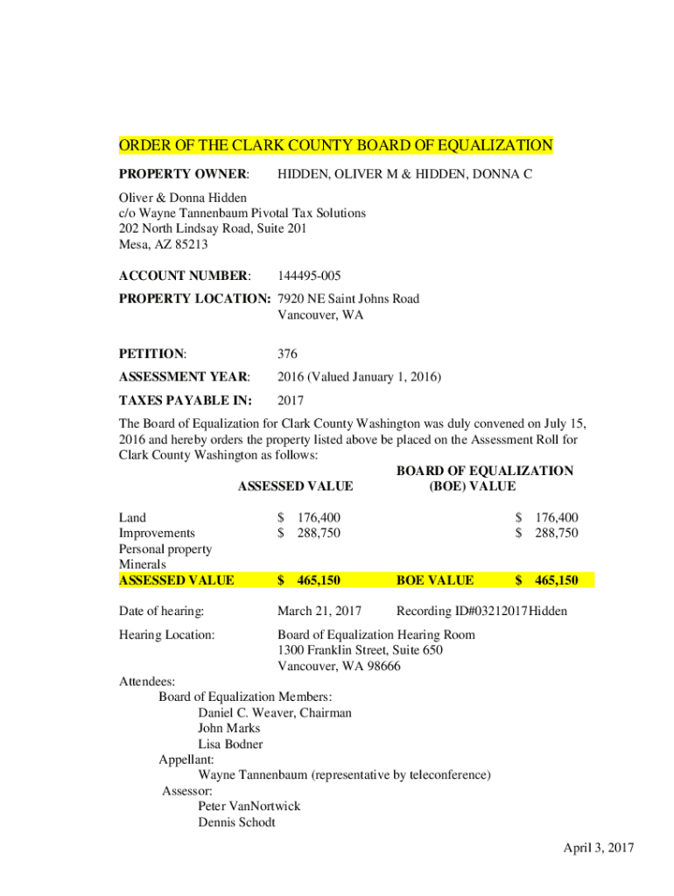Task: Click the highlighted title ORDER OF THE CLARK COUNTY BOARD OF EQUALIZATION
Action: (336, 145)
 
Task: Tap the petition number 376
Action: (287, 354)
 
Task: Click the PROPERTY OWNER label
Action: (184, 175)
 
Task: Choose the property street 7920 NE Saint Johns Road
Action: (348, 299)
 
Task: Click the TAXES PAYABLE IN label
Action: (185, 402)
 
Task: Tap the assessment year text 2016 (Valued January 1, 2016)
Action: (359, 378)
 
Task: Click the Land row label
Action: (132, 518)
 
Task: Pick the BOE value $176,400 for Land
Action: (546, 518)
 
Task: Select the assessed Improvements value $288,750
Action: (309, 533)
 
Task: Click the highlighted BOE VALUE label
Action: (435, 580)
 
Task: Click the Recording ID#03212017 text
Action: (462, 611)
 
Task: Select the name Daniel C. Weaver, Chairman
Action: (275, 713)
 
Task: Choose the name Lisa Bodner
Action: (230, 745)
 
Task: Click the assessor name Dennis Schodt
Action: (236, 822)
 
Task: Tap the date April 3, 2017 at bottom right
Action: (598, 848)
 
